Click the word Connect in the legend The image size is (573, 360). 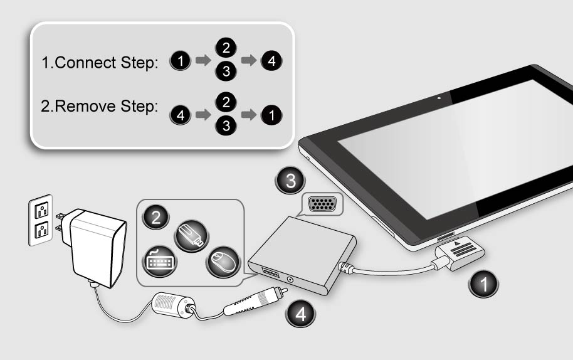click(x=85, y=63)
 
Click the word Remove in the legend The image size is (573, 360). click(x=85, y=107)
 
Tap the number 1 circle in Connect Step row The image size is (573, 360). click(x=180, y=61)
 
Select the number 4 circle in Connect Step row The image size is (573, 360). click(x=271, y=61)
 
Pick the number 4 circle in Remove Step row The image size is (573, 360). click(x=180, y=115)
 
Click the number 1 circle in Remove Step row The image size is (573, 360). click(x=271, y=115)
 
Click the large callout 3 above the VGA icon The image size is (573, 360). click(x=290, y=181)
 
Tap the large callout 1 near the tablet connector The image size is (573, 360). click(x=483, y=284)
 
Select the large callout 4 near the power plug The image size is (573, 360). click(x=300, y=314)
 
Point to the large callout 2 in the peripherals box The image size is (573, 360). click(x=156, y=218)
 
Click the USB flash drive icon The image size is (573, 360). click(x=192, y=236)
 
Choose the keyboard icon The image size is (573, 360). click(x=160, y=262)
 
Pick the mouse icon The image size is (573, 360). click(x=223, y=262)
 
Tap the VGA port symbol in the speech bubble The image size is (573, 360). click(x=322, y=204)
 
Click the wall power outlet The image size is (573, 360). click(x=41, y=220)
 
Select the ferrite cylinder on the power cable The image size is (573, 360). click(x=174, y=304)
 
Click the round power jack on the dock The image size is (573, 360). click(x=290, y=280)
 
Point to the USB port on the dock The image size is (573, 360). click(x=270, y=272)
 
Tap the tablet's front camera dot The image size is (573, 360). click(x=439, y=98)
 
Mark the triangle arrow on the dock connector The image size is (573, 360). click(x=457, y=243)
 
